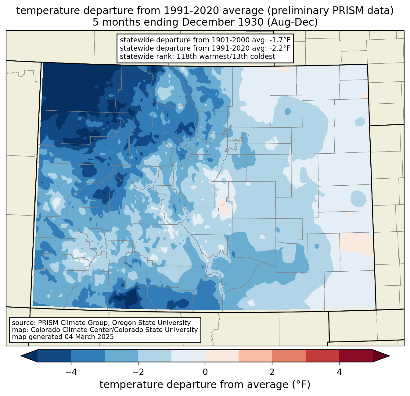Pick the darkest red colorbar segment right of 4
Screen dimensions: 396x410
click(x=356, y=356)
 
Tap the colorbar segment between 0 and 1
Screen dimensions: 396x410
click(x=222, y=356)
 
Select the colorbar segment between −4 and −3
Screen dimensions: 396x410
click(x=88, y=356)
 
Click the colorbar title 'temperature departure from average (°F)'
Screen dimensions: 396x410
click(x=205, y=385)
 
